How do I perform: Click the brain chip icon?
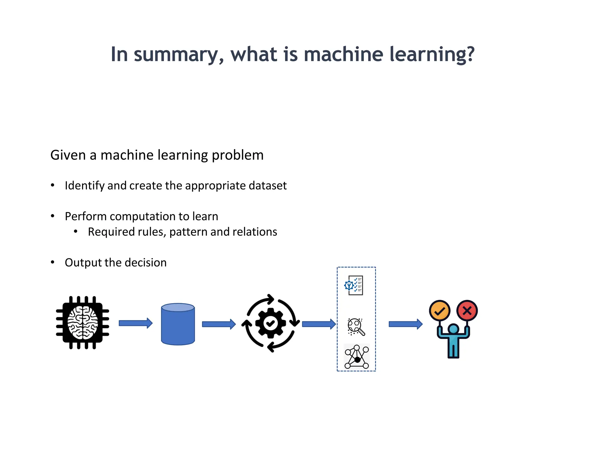83,323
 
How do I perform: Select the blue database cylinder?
178,324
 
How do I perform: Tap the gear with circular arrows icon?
271,323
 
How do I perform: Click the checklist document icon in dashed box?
354,285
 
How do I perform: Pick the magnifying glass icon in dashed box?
356,327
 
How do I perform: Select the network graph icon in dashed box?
356,357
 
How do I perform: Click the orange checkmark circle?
439,311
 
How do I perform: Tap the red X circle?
467,310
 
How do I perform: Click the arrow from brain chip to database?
135,323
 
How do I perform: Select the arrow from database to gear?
219,324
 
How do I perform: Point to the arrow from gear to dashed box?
319,324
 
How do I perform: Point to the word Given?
68,155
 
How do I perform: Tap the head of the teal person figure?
453,329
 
